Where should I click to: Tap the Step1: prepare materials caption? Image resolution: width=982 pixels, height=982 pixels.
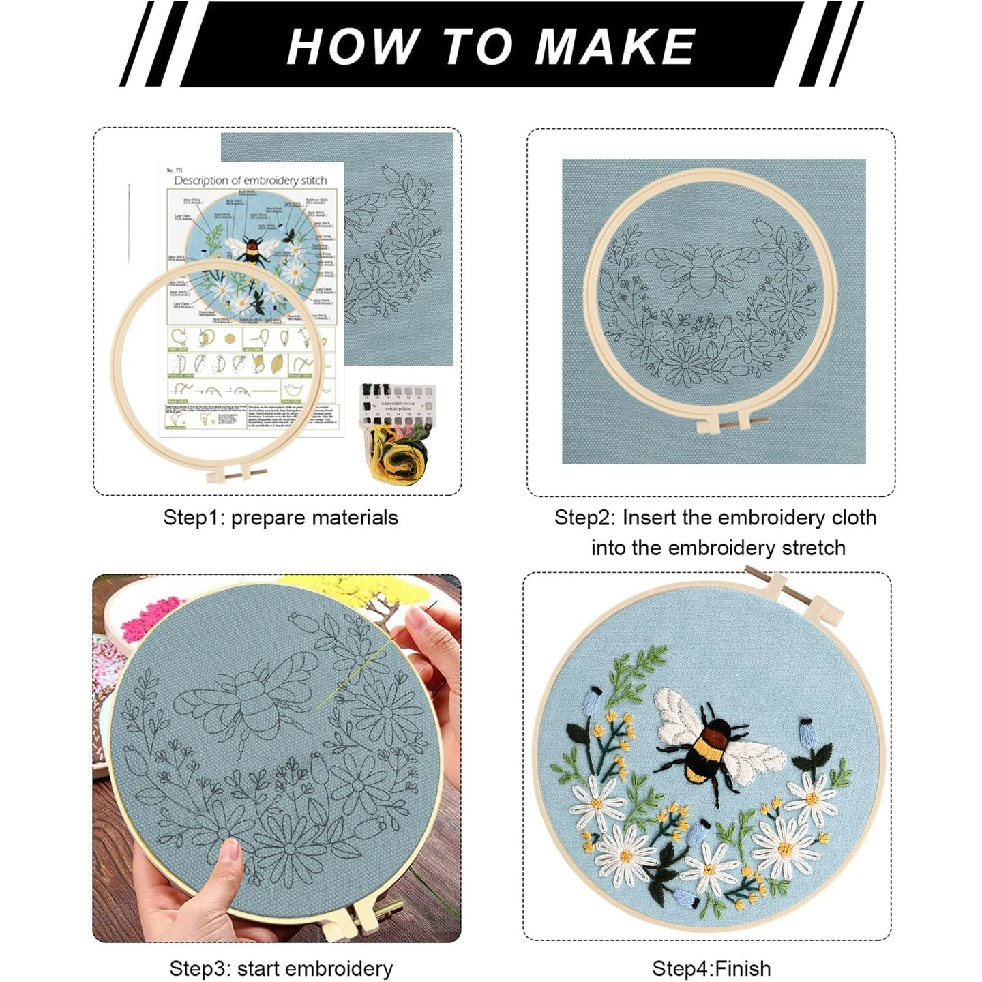(280, 518)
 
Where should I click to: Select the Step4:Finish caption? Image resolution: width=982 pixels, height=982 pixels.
(711, 968)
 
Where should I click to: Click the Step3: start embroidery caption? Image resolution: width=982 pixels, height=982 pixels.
(281, 968)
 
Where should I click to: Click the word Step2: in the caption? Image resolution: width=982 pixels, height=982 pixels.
(584, 518)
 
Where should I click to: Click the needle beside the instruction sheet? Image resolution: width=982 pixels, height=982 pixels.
(129, 222)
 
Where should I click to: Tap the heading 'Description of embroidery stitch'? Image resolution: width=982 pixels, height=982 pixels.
(250, 181)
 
